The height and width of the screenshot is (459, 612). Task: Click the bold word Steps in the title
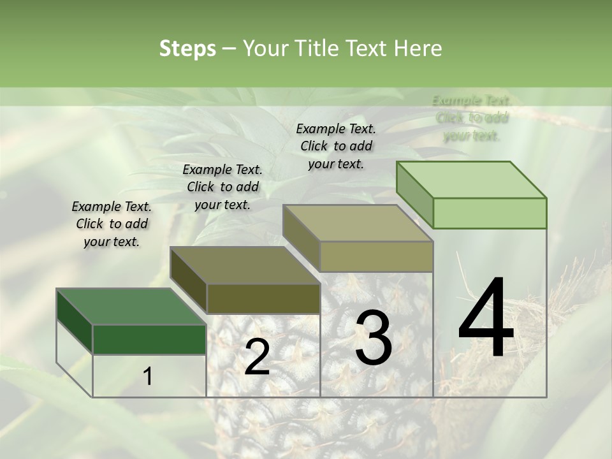[x=187, y=48]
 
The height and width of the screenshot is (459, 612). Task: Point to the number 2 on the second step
[x=257, y=358]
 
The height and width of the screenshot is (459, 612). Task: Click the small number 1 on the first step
[x=147, y=377]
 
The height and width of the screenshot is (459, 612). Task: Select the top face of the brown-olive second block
[x=245, y=265]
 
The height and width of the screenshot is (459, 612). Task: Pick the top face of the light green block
[x=472, y=180]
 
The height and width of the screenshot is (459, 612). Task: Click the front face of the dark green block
[x=149, y=339]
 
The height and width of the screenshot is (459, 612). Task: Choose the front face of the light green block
[x=490, y=213]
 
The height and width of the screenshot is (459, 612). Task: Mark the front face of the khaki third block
[x=376, y=256]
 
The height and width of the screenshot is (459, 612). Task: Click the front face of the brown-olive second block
[x=263, y=298]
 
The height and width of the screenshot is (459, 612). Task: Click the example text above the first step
[x=112, y=224]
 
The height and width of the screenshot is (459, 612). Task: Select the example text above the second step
[x=222, y=187]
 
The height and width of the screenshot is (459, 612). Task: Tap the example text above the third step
[x=336, y=146]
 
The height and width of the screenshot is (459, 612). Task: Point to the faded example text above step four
[x=472, y=118]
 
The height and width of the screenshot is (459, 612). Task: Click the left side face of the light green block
[x=414, y=194]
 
